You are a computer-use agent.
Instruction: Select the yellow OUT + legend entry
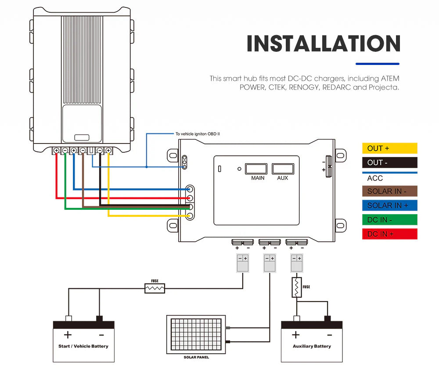point(389,148)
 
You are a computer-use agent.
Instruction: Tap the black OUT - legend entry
point(389,163)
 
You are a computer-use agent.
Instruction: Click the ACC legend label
point(375,178)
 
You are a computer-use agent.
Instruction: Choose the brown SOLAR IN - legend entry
point(389,191)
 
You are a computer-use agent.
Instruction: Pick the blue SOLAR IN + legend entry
point(389,205)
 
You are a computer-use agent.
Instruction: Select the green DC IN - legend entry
point(389,219)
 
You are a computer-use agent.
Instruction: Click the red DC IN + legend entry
point(389,234)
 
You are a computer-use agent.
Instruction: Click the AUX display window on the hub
point(283,169)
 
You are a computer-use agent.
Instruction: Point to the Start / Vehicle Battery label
point(83,346)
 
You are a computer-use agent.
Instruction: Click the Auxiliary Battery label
point(312,346)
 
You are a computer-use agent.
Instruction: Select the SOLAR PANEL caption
point(196,358)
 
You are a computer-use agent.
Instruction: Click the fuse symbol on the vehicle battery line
point(155,288)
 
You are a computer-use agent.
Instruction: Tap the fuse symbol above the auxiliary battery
point(297,287)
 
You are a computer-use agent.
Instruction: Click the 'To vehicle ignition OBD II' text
point(197,134)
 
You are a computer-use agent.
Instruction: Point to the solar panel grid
point(196,334)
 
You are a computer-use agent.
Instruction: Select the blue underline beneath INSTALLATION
point(377,64)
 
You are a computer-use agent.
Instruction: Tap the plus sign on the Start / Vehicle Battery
point(68,335)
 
